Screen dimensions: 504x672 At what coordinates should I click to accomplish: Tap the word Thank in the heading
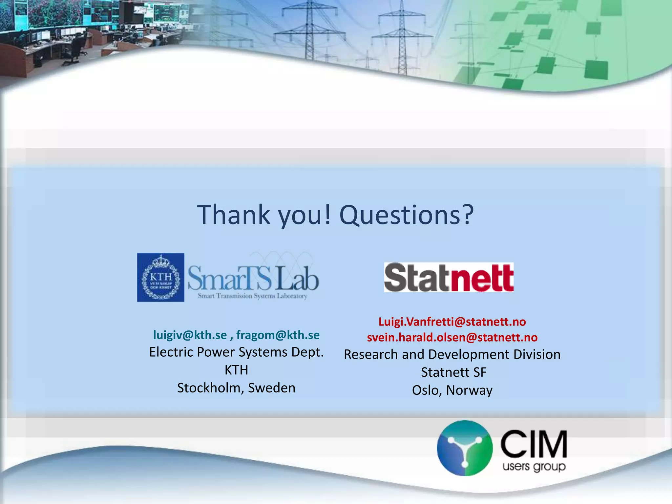(233, 215)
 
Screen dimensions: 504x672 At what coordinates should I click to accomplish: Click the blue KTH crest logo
(160, 277)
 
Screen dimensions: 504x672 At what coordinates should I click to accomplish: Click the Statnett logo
(449, 278)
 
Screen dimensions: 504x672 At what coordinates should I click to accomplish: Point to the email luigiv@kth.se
(190, 335)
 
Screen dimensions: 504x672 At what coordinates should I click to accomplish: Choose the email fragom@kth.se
(278, 335)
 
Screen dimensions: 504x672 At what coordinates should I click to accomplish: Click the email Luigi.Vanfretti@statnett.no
(452, 322)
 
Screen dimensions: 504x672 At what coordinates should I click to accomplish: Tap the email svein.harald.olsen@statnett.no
(452, 337)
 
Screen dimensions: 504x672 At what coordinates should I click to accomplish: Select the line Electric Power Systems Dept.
(236, 352)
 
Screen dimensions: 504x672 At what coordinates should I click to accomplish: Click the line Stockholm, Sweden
(236, 388)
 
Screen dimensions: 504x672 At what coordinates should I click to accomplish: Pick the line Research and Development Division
(452, 354)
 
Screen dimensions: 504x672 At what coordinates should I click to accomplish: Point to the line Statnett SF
(453, 372)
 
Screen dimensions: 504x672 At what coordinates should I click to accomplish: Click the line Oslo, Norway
(452, 390)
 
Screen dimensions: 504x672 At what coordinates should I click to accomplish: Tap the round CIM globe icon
(464, 448)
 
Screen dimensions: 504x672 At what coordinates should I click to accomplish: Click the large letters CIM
(534, 444)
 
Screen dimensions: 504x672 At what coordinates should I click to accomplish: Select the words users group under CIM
(534, 466)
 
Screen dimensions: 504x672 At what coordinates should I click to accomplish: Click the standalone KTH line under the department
(236, 370)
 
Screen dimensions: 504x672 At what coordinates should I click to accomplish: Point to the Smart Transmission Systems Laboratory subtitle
(252, 296)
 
